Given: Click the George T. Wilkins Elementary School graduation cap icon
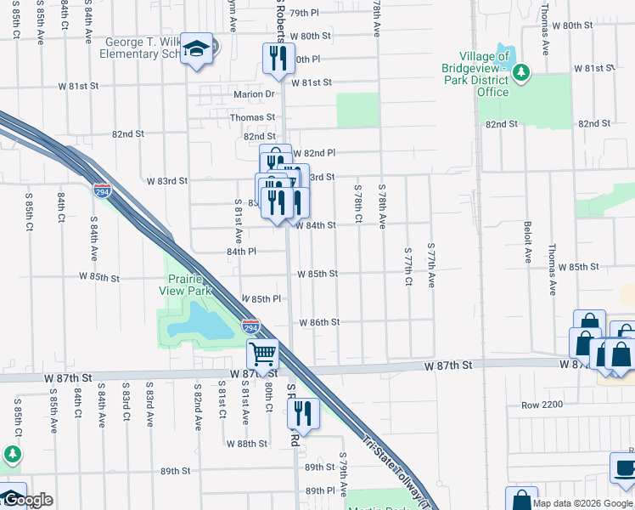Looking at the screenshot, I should pos(197,48).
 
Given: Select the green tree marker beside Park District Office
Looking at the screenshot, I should pos(521,74).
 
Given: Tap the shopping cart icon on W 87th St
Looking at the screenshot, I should pos(263,352).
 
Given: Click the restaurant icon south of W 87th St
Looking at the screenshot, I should pos(302,414).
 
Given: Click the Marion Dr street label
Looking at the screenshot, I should pos(260,94).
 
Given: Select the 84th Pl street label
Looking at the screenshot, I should pos(241,252).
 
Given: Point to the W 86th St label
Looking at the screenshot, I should pos(319,323).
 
